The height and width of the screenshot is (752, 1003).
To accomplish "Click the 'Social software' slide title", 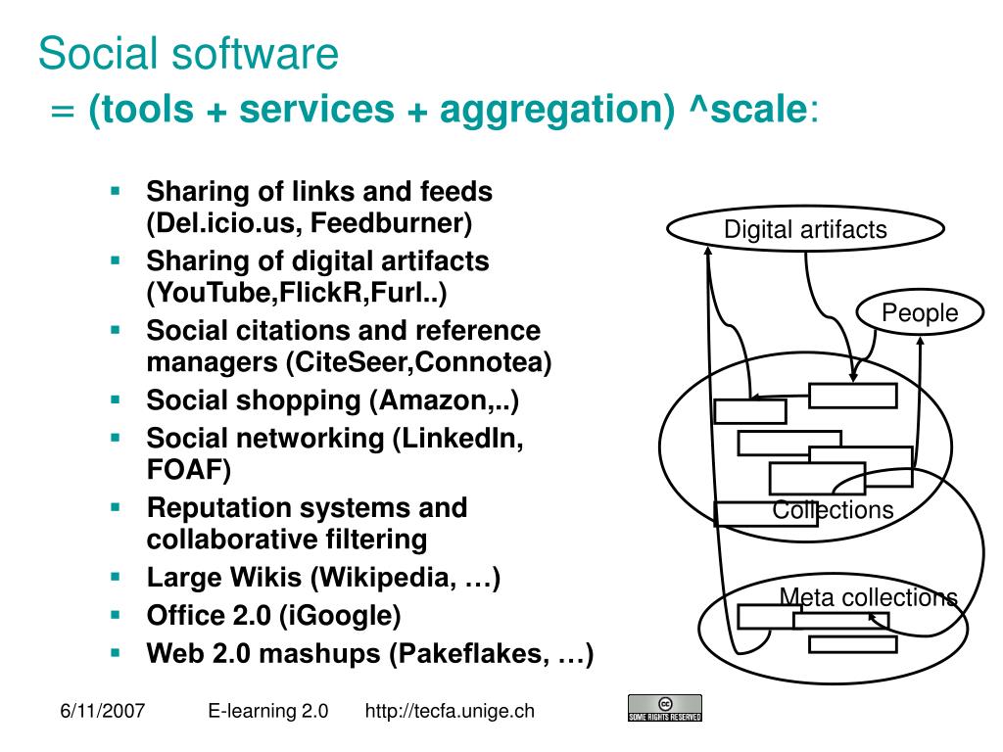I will pyautogui.click(x=188, y=54).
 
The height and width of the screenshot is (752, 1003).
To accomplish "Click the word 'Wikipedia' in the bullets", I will pyautogui.click(x=381, y=578).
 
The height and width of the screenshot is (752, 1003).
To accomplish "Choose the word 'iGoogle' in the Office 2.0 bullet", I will pyautogui.click(x=339, y=616).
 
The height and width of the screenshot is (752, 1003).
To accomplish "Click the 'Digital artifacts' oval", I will pyautogui.click(x=805, y=230).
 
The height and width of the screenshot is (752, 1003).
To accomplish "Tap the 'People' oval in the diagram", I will pyautogui.click(x=920, y=313).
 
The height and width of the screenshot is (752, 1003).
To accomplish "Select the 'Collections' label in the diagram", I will pyautogui.click(x=833, y=510).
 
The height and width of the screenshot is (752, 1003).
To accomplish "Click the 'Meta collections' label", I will pyautogui.click(x=868, y=597).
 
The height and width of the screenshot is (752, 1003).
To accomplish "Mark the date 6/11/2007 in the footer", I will pyautogui.click(x=100, y=711).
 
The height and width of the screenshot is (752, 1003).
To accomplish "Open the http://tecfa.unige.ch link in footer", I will pyautogui.click(x=450, y=711).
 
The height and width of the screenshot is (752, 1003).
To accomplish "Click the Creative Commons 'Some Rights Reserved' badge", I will pyautogui.click(x=664, y=708).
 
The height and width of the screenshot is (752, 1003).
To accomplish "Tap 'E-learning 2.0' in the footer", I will pyautogui.click(x=267, y=711).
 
